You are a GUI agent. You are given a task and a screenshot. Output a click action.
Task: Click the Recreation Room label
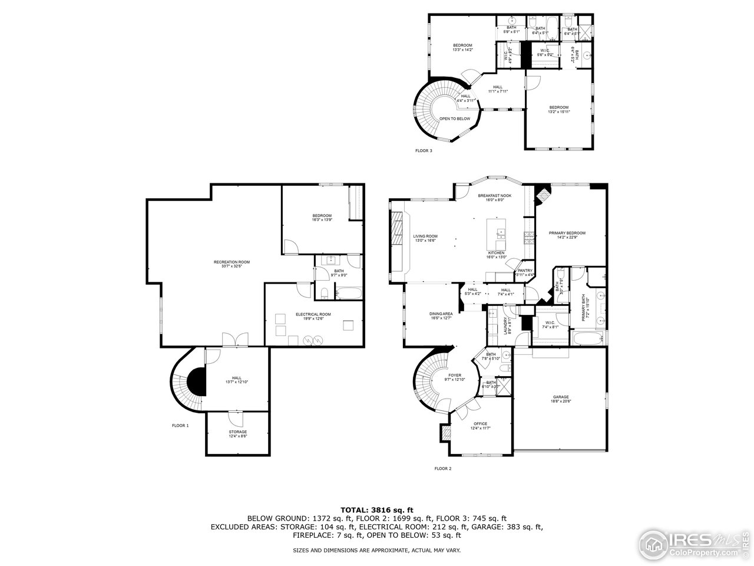click(x=232, y=264)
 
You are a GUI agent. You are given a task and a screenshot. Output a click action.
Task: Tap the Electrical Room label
click(x=313, y=316)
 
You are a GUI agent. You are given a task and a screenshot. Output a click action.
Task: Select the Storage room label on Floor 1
click(x=238, y=434)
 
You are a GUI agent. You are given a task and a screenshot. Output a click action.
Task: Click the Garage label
click(x=561, y=399)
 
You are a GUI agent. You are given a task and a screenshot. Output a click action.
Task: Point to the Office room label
click(x=480, y=426)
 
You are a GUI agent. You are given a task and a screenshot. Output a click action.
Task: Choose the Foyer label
click(x=455, y=377)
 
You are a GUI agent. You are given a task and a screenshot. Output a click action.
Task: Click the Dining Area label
click(x=441, y=315)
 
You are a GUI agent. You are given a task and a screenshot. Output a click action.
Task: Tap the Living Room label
click(x=425, y=238)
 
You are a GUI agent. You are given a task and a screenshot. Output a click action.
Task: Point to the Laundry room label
click(x=505, y=326)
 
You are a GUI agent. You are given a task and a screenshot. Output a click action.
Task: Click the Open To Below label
click(x=455, y=119)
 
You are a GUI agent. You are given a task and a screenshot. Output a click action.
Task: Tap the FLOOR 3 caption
click(x=424, y=151)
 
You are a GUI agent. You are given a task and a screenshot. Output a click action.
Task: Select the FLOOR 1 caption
click(x=180, y=425)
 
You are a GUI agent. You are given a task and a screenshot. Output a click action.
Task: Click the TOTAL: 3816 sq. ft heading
click(x=377, y=509)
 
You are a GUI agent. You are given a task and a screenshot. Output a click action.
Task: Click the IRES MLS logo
click(x=695, y=541)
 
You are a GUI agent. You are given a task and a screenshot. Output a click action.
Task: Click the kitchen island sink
click(x=501, y=232)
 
